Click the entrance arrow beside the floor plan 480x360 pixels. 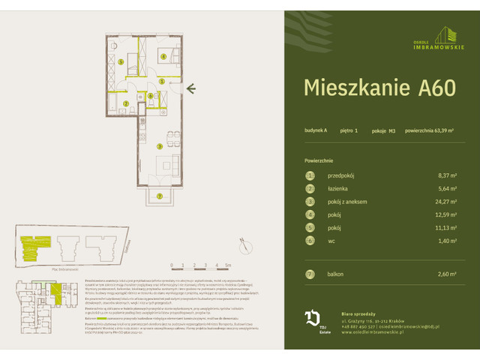[192, 89]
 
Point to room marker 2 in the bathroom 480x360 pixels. [126, 103]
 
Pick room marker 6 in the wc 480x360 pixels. [150, 95]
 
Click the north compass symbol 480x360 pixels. [244, 243]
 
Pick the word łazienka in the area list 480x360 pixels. [340, 188]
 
